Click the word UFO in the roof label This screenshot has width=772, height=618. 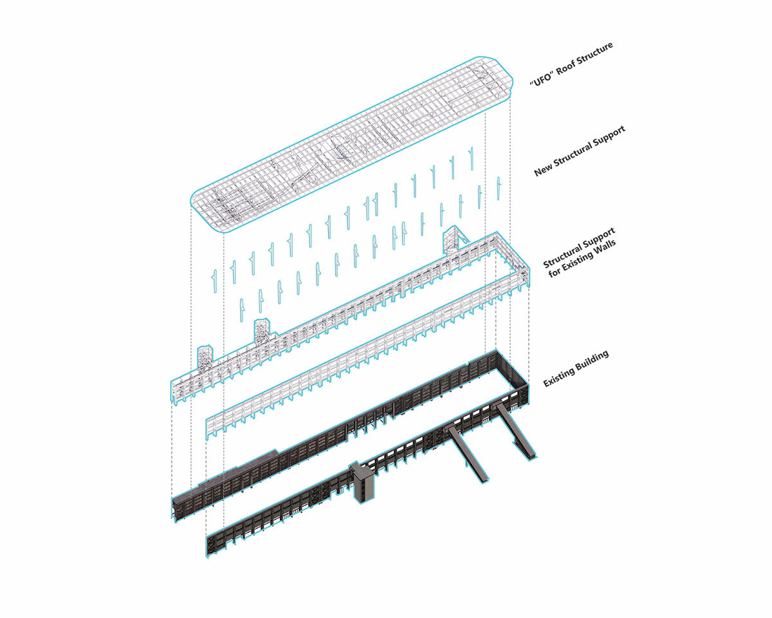coord(542,80)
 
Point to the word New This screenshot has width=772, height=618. coord(543,169)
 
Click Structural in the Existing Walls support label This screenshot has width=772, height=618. coord(562,257)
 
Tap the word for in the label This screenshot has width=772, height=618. coord(554,272)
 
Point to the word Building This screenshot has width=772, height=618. coord(593,362)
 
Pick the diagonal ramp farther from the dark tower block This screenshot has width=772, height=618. coord(515,431)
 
